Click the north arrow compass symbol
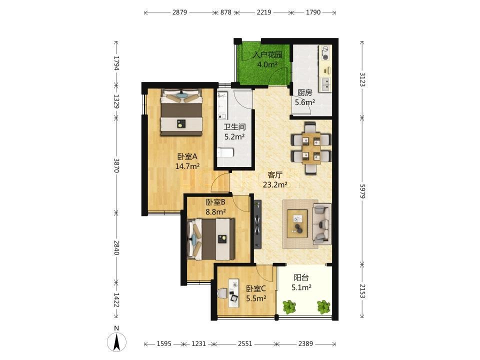[x=116, y=341]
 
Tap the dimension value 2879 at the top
[x=179, y=12]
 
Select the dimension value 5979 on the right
[x=362, y=191]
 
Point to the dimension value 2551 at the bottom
[x=245, y=344]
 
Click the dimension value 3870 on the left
[x=116, y=165]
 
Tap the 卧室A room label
[x=187, y=156]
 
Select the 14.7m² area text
[x=187, y=166]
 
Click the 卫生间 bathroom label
[x=234, y=127]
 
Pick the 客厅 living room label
[x=275, y=175]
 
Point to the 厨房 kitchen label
[x=304, y=93]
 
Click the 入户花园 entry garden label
[x=267, y=55]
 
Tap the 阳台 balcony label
[x=301, y=277]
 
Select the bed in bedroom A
[x=181, y=112]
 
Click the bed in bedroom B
[x=211, y=239]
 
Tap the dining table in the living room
[x=311, y=148]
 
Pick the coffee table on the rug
[x=297, y=223]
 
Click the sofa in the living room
[x=321, y=223]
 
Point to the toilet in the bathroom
[x=225, y=152]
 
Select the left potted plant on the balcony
[x=289, y=307]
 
